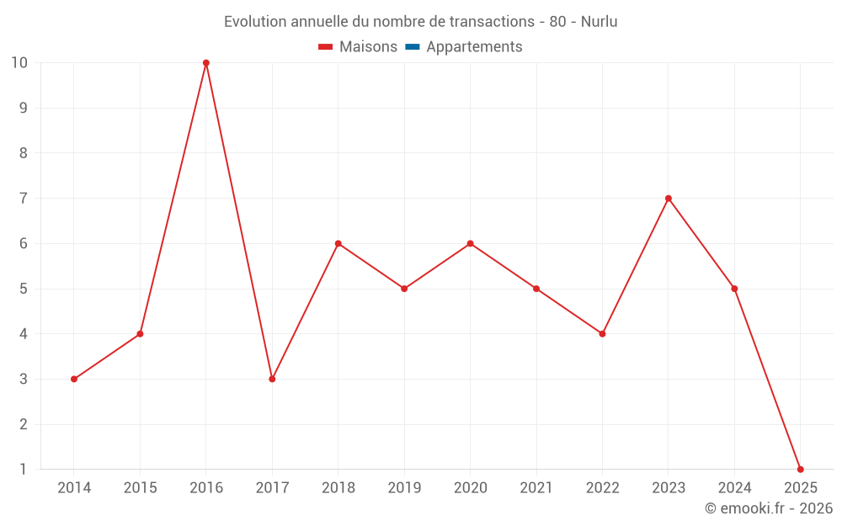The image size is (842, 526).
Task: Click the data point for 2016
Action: pos(206,63)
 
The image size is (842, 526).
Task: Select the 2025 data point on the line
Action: pos(800,469)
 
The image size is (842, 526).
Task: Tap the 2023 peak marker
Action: pos(669,199)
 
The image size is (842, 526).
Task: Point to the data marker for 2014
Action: pos(74,379)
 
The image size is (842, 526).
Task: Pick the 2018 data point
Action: pos(338,243)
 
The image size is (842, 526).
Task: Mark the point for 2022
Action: pos(602,334)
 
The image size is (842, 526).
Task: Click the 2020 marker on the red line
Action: pos(470,243)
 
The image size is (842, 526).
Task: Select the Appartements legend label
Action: pos(474,47)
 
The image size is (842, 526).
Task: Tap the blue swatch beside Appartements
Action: pos(412,47)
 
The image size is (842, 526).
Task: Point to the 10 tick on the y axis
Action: pos(19,63)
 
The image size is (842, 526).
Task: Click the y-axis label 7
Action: pos(24,199)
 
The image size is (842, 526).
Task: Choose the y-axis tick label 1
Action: pos(24,469)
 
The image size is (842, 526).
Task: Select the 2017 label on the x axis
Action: pos(272,488)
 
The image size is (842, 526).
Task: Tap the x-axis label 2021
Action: pos(536,488)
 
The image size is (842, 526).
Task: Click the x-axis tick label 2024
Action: pos(734,488)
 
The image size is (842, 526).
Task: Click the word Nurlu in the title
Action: pos(599,22)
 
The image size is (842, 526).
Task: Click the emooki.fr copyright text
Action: pos(769,508)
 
